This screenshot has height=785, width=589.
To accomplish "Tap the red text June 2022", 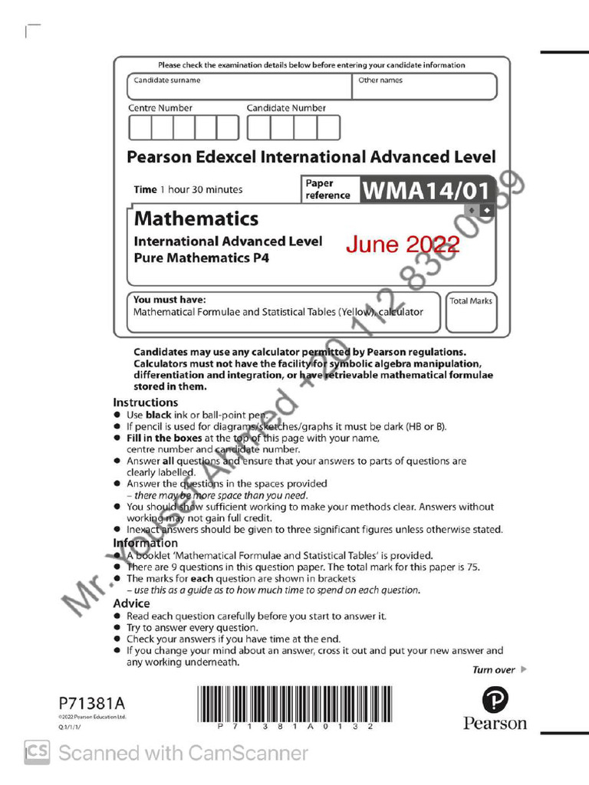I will [x=402, y=245].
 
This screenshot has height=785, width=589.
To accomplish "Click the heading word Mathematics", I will [x=196, y=218].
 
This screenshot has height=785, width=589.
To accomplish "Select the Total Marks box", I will [x=471, y=312].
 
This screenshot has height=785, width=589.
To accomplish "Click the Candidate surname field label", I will [x=167, y=80].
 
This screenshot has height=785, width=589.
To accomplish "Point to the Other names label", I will [x=380, y=80].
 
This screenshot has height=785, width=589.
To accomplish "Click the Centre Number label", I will [x=160, y=108].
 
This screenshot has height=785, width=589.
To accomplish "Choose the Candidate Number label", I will [x=286, y=108].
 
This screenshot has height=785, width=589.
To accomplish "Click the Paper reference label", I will [x=327, y=189].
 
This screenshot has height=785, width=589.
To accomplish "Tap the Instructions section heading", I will [x=146, y=402].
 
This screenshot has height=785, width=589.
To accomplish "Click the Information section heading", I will [x=146, y=544].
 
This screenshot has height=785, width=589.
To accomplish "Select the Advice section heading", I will [x=132, y=603].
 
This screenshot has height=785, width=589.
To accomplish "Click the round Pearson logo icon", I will [x=495, y=699].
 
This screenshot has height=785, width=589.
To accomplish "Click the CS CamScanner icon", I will [x=37, y=752].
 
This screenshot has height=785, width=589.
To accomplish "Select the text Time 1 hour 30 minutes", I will [x=188, y=190].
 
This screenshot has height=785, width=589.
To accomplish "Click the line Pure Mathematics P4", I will [x=202, y=258].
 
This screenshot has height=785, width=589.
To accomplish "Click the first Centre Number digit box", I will [x=139, y=127].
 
